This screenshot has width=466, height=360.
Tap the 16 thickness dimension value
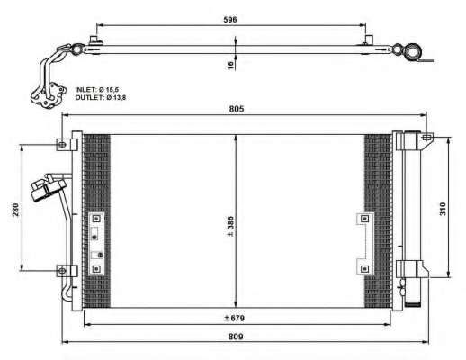230,65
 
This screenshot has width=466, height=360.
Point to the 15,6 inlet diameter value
126,89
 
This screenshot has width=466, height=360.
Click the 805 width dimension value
237,109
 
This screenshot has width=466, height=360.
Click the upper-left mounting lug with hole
61,144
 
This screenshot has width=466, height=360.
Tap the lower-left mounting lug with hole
61,269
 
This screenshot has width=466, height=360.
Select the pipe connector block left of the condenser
48,190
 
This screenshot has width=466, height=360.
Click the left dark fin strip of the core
96,220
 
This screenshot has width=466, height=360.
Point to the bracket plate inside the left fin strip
96,243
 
